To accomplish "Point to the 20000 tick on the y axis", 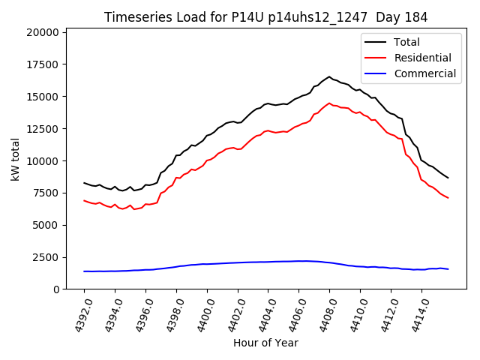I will tap(42, 32).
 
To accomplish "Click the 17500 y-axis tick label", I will tap(42, 64).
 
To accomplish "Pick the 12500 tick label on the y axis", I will tap(42, 128).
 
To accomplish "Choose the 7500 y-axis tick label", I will tap(45, 193).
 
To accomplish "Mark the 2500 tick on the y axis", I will tap(45, 257).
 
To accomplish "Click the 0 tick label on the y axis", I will tap(56, 289).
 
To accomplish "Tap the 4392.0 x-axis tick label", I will tap(78, 315).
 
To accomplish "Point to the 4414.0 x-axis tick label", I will tap(415, 315).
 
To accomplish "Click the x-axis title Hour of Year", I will tap(265, 343).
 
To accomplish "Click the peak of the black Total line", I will tap(328, 76).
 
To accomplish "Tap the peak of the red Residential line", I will tap(328, 103).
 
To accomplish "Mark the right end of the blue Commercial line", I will tap(448, 269).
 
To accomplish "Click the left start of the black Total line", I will tap(84, 183).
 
